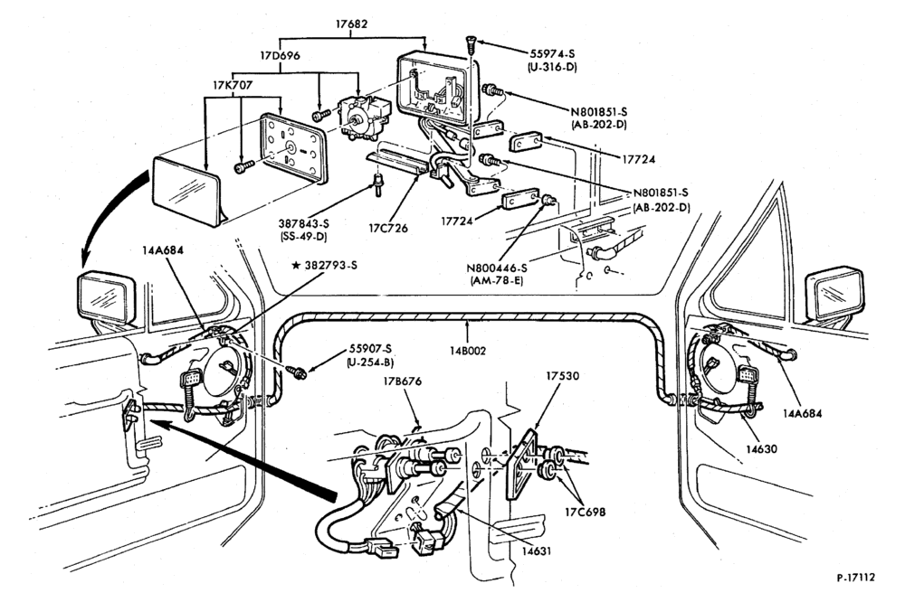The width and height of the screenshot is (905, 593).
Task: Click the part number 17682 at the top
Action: [x=351, y=24]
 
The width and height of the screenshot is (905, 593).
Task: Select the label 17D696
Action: [x=280, y=56]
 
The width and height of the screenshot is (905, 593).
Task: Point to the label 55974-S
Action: [x=552, y=53]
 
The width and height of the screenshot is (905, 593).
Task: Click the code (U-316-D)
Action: [x=552, y=67]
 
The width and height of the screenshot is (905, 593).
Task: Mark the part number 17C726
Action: [x=388, y=228]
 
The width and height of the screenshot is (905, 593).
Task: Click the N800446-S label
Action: [x=498, y=268]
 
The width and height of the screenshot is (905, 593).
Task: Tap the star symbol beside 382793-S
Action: [x=296, y=265]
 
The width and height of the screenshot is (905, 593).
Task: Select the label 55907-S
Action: [x=370, y=349]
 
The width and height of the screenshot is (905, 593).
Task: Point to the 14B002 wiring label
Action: [x=468, y=351]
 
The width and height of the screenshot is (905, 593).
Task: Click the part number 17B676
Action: [x=403, y=381]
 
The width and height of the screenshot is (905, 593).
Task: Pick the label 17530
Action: [x=562, y=376]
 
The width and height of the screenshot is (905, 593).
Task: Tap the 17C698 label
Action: [x=586, y=511]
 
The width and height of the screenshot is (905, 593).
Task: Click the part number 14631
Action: [x=537, y=551]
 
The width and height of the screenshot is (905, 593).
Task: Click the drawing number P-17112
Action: [x=856, y=577]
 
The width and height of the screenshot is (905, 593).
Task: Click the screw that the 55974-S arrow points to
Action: [x=471, y=46]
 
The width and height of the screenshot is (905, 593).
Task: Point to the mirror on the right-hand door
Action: [x=834, y=295]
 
